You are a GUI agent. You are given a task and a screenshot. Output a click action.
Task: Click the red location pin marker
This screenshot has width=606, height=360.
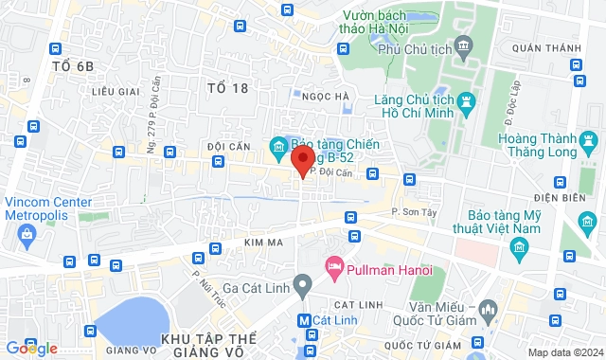(x=303, y=159)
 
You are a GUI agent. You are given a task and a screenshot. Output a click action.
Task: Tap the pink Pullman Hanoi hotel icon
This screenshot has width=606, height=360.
(x=332, y=266)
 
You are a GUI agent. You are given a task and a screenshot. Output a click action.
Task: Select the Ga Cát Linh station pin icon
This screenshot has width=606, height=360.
(x=303, y=283)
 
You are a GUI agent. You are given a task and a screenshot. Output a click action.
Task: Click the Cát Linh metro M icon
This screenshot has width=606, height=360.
(x=304, y=320)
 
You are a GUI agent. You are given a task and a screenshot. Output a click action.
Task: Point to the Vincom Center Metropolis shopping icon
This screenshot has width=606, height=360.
(x=26, y=233)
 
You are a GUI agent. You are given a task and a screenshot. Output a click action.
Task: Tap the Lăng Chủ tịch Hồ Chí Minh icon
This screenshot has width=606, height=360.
(x=466, y=100)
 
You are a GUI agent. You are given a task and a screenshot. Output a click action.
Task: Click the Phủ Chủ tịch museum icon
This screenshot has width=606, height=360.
(x=463, y=45)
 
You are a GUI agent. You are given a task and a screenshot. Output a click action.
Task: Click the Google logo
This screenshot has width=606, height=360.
(x=31, y=349)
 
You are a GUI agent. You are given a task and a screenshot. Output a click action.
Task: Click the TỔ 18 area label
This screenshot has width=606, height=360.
(x=227, y=88)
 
